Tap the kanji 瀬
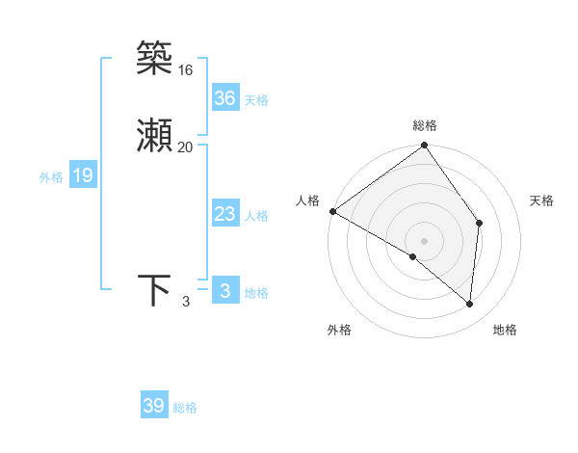coord(154,138)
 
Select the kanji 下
coord(154,290)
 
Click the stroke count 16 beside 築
coord(185,70)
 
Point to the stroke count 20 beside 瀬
coord(185,147)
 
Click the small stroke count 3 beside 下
coord(186,302)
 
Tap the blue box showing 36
coord(225,98)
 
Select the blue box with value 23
coord(225,214)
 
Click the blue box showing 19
coord(83,175)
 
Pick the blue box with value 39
coord(154,406)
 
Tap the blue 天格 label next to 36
coord(256,100)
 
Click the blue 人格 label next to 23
coord(256,216)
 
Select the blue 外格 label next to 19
coord(51,177)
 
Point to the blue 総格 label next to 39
coord(185,408)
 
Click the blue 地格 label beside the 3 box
coord(256,293)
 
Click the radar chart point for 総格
coord(424,147)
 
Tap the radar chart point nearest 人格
coord(332,211)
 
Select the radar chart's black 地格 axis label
coord(505,330)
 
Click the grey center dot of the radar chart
coord(424,240)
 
